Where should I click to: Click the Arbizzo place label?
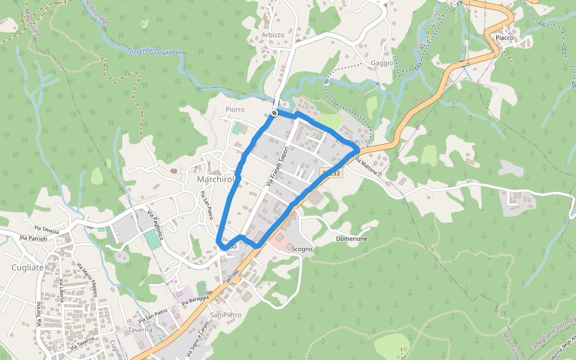tap(273, 35)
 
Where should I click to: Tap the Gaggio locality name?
tap(382, 63)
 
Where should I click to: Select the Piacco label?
tap(505, 38)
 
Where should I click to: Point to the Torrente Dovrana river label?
tap(153, 52)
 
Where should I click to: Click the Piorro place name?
tap(235, 110)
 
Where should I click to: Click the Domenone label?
tap(352, 239)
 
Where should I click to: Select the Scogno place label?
tap(302, 248)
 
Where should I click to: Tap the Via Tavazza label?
tap(47, 229)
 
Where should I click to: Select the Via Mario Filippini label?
tap(87, 279)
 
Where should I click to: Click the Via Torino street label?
tap(38, 314)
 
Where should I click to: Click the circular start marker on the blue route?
tap(274, 113)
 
